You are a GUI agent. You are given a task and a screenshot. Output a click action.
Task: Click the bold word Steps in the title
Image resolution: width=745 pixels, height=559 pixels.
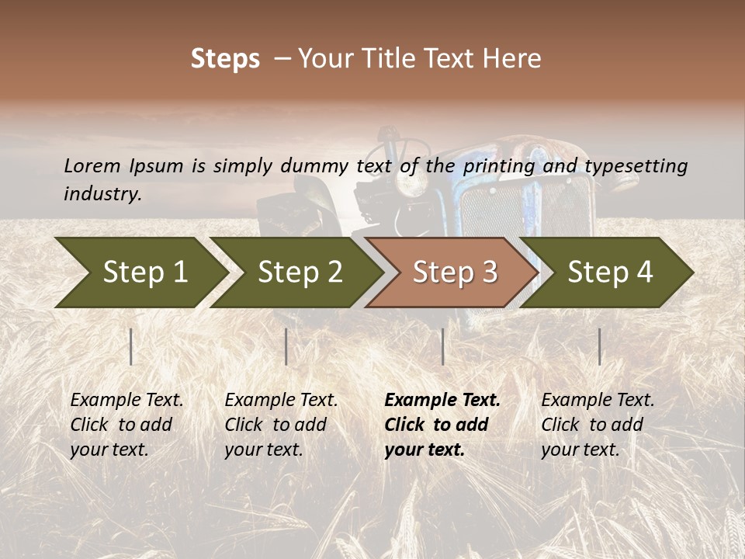[225, 59]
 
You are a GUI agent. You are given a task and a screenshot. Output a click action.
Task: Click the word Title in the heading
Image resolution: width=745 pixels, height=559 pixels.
[396, 59]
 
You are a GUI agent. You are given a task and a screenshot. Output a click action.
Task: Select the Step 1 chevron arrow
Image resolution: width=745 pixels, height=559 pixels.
[140, 273]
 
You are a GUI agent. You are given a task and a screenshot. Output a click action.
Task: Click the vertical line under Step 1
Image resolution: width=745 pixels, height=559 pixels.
[131, 346]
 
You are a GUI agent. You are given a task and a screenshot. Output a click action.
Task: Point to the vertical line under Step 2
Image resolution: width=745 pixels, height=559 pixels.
[286, 346]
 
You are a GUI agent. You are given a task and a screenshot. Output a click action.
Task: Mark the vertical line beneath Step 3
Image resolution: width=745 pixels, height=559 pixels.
[442, 346]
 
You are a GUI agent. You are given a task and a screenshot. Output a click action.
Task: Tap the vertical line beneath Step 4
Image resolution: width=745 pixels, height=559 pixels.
[599, 346]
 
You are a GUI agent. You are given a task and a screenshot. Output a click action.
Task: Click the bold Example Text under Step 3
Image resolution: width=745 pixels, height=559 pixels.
[442, 401]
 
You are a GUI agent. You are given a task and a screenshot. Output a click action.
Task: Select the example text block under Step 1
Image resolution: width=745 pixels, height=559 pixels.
[126, 425]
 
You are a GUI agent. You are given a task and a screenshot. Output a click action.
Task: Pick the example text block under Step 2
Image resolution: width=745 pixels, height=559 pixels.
[281, 425]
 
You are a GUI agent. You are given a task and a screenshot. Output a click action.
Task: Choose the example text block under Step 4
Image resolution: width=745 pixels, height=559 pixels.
[598, 425]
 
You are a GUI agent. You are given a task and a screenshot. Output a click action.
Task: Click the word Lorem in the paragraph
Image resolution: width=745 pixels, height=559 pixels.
[92, 166]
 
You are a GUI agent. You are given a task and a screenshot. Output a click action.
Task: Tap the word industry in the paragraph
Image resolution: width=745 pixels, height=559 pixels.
[101, 194]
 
